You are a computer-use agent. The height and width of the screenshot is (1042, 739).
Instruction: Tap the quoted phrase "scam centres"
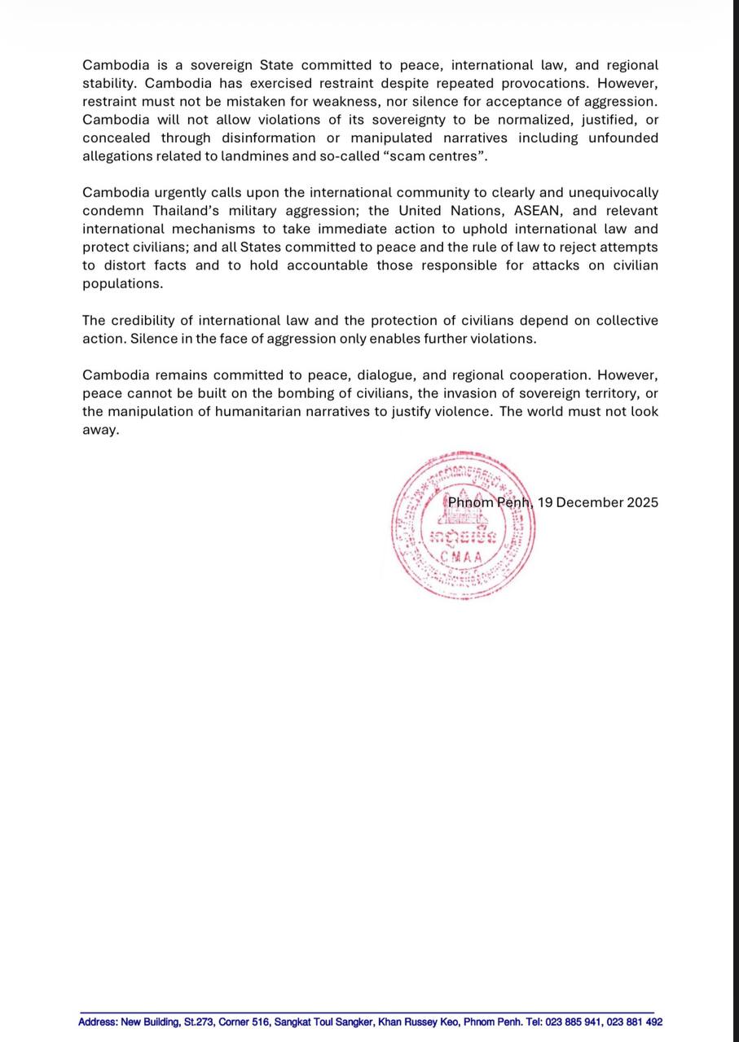pos(440,156)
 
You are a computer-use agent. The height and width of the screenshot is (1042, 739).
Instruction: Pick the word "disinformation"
pos(268,138)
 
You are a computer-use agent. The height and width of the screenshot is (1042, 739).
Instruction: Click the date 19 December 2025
pos(597,502)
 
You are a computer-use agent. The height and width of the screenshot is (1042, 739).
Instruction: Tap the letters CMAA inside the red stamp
pos(461,558)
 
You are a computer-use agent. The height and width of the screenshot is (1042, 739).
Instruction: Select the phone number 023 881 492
pos(634,1022)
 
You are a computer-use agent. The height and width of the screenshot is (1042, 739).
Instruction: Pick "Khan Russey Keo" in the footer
pos(414,1022)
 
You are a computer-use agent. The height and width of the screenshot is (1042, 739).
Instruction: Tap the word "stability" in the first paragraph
pos(108,84)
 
